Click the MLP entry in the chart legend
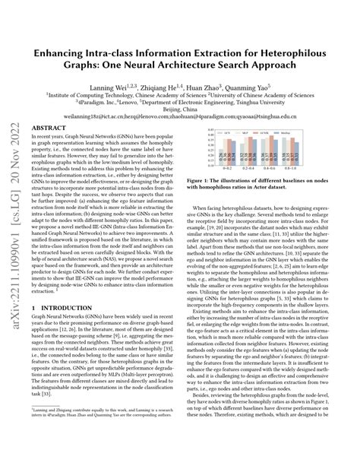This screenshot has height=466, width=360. coord(245,133)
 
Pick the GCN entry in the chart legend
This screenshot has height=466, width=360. coord(226,133)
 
